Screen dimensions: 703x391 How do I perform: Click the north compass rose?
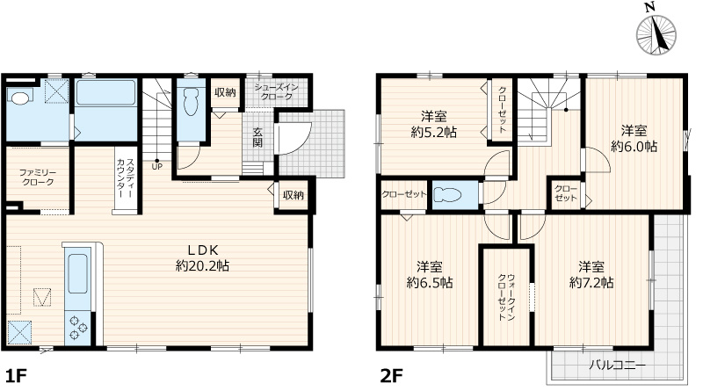point(656,34)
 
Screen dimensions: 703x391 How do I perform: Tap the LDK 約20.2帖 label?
point(202,257)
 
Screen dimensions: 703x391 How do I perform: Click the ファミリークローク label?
point(38,177)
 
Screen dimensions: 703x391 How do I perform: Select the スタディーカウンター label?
point(125,178)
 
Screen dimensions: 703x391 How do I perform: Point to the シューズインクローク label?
point(277,91)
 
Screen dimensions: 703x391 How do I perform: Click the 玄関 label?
point(257,137)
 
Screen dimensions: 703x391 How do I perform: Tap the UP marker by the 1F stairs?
point(157,166)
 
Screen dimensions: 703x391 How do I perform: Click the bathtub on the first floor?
point(105,93)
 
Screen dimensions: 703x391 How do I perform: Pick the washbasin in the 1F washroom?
point(19,98)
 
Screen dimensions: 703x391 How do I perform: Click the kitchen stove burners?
point(76,328)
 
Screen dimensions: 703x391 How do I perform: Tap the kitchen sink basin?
point(77,273)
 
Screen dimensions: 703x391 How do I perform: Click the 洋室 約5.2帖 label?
point(434,124)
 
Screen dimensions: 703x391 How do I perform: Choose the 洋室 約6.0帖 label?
point(634,139)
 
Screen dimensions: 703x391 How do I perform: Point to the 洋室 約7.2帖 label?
point(591,274)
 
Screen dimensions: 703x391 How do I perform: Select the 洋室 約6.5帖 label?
point(430,274)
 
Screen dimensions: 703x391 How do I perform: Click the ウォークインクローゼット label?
point(507,297)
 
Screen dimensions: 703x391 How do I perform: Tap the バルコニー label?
point(618,365)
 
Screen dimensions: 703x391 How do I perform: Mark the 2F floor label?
point(391,376)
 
